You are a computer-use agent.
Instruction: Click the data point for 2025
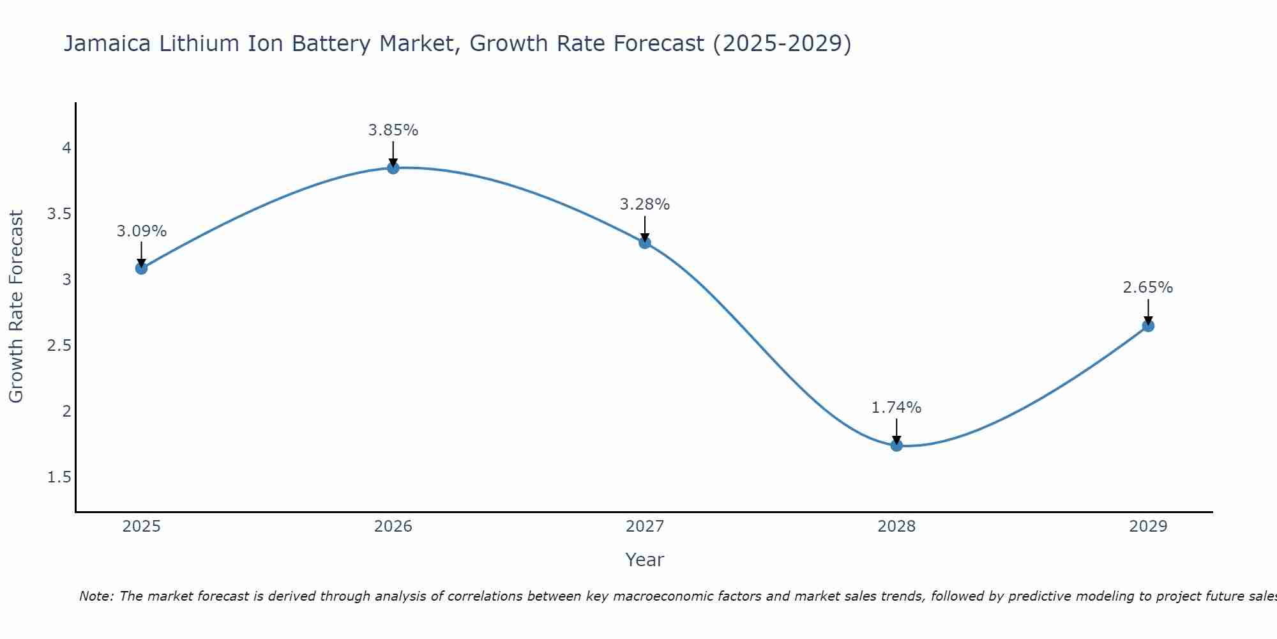tap(142, 268)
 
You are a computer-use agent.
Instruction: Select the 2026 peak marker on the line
tap(393, 167)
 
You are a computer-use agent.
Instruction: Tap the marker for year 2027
tap(645, 242)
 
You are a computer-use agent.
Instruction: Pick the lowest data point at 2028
tap(896, 445)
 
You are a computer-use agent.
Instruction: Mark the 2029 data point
tap(1148, 326)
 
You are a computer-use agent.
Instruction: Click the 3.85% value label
tap(393, 130)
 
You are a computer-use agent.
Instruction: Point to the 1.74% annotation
tap(896, 408)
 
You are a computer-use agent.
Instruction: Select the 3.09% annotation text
tap(142, 231)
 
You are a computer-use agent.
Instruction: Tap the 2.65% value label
tap(1148, 288)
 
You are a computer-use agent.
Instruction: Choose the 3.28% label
tap(645, 204)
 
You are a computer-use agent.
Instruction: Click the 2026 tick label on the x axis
tap(393, 527)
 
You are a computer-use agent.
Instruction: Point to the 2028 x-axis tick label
tap(896, 527)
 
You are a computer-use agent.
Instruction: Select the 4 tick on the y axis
tap(66, 148)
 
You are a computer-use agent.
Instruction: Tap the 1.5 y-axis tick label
tap(59, 477)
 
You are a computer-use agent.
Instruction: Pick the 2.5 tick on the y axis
tap(59, 346)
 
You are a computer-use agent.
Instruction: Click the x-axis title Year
tap(645, 560)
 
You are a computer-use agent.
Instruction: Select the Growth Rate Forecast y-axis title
tap(16, 307)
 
